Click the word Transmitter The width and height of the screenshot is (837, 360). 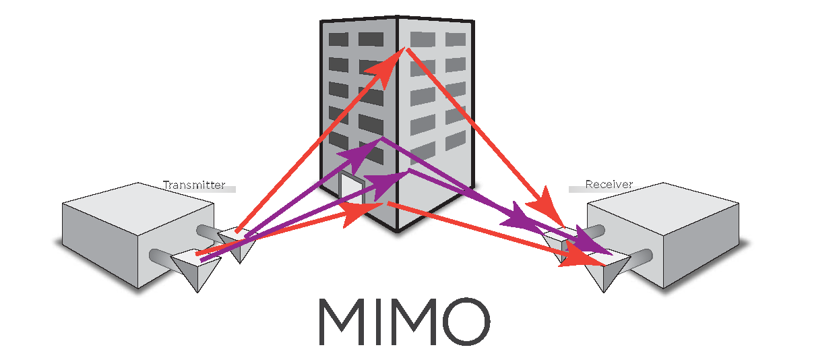pos(194,185)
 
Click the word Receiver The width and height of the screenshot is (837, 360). pos(609,185)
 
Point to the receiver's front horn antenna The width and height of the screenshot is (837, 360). pos(603,273)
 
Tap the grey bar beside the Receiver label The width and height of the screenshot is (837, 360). pos(577,189)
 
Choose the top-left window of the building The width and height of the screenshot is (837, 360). pos(338,40)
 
